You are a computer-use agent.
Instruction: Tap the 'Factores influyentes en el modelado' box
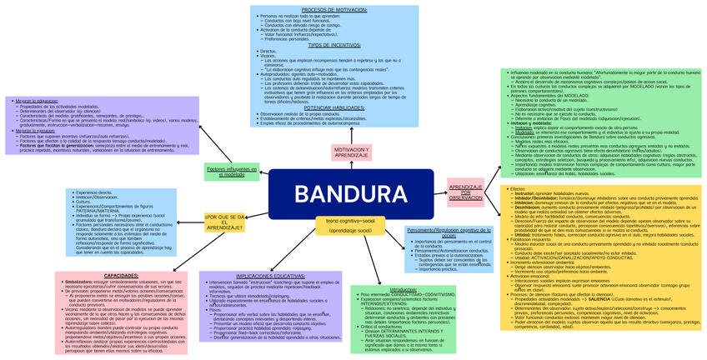225,172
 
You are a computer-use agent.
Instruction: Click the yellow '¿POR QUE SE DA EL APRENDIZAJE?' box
224,222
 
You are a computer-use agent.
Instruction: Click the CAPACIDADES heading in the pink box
123,275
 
